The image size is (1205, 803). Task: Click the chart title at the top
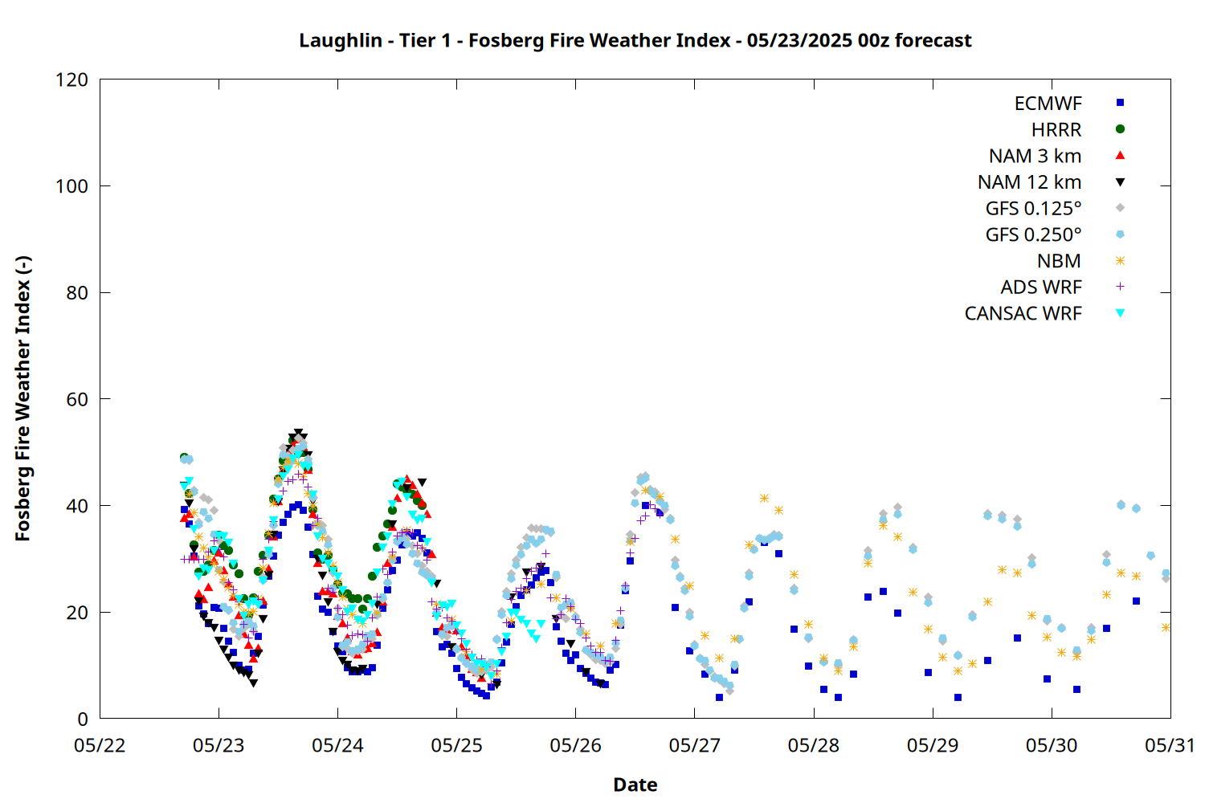point(635,40)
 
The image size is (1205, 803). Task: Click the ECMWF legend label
point(1048,104)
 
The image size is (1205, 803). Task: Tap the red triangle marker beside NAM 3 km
point(1120,156)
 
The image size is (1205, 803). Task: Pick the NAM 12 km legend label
point(1029,182)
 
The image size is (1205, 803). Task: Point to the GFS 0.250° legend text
point(1033,234)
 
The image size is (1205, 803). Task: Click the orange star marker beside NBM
point(1120,261)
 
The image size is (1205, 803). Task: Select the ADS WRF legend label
point(1041,287)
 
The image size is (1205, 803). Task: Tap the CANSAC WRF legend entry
point(1023,313)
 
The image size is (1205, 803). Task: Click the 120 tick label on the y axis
point(71,80)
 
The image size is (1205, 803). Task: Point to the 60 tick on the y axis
point(77,399)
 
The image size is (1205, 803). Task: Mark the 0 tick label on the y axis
point(82,719)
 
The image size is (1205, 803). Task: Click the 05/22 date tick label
point(100,745)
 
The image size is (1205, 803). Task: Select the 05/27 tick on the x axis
point(695,745)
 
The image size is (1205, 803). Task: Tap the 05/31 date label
point(1170,745)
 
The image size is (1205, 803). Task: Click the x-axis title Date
point(635,785)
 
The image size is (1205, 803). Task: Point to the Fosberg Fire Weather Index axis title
point(23,398)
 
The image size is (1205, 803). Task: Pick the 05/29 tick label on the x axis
point(932,745)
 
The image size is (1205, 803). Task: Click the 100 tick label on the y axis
point(71,186)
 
